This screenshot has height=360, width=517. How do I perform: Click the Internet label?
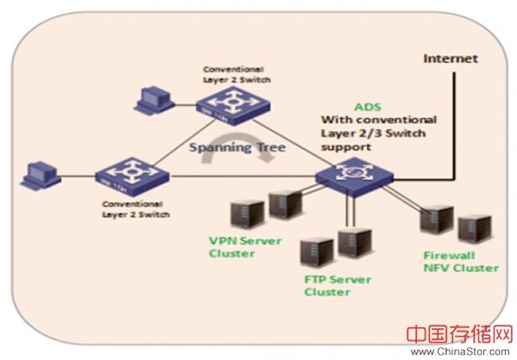pyautogui.click(x=451, y=59)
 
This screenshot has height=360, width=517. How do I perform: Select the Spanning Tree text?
pyautogui.click(x=239, y=148)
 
